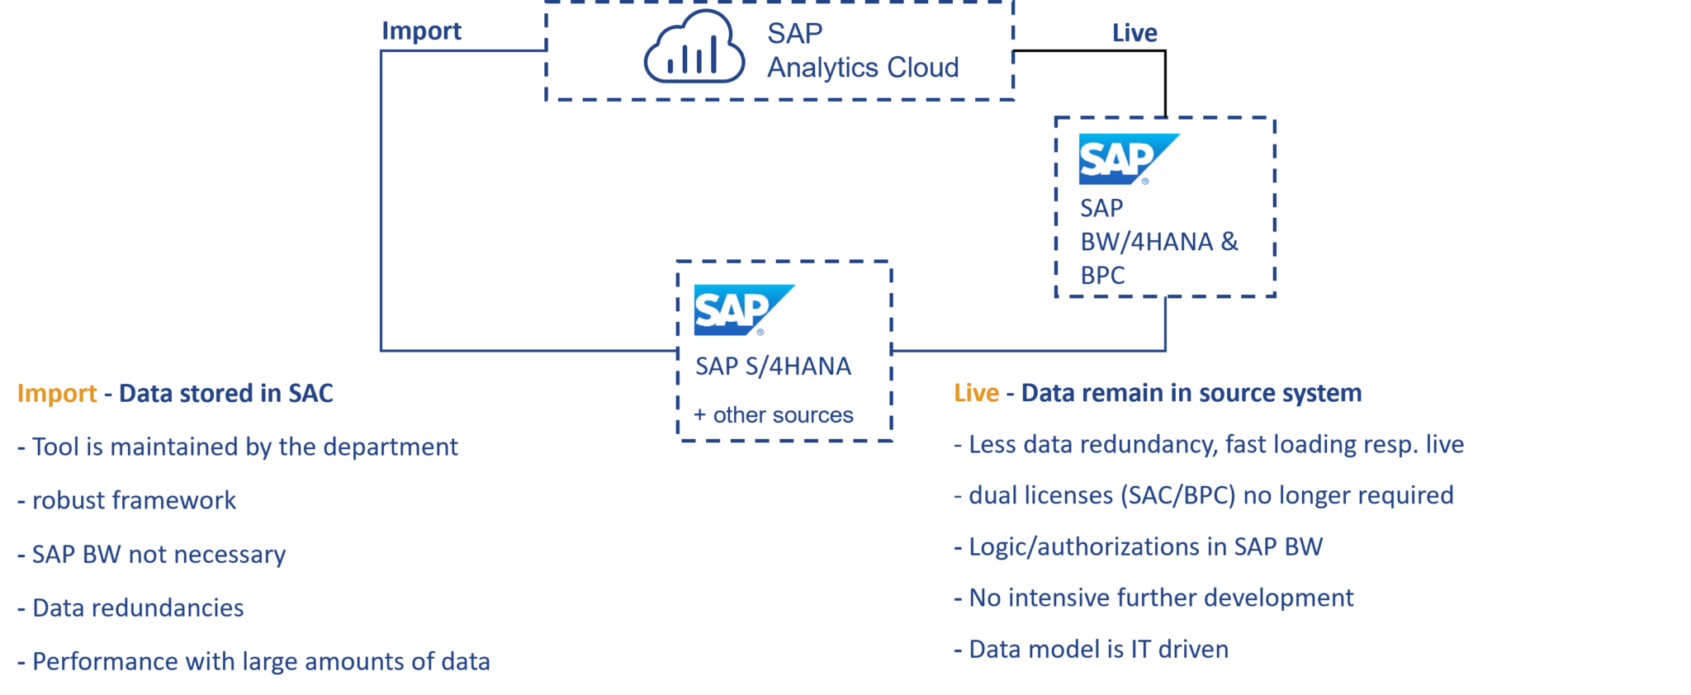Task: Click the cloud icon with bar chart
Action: coord(694,49)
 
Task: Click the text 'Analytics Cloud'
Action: coord(863,68)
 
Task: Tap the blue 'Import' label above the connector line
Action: coord(421,31)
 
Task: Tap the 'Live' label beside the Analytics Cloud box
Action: coord(1134,33)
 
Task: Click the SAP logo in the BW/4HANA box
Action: coord(1128,158)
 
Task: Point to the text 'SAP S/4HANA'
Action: coord(773,366)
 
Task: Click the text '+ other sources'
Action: coord(774,414)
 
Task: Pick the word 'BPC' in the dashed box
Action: coord(1102,275)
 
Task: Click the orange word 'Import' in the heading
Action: coord(57,393)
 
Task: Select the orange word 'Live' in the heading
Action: coord(976,393)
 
